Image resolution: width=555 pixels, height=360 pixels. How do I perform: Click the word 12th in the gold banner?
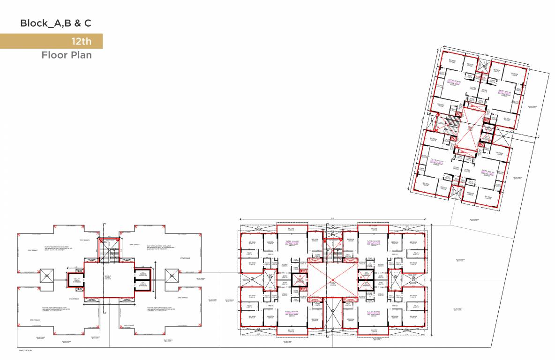[81, 41]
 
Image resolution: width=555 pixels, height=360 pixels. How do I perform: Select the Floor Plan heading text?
[67, 55]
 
